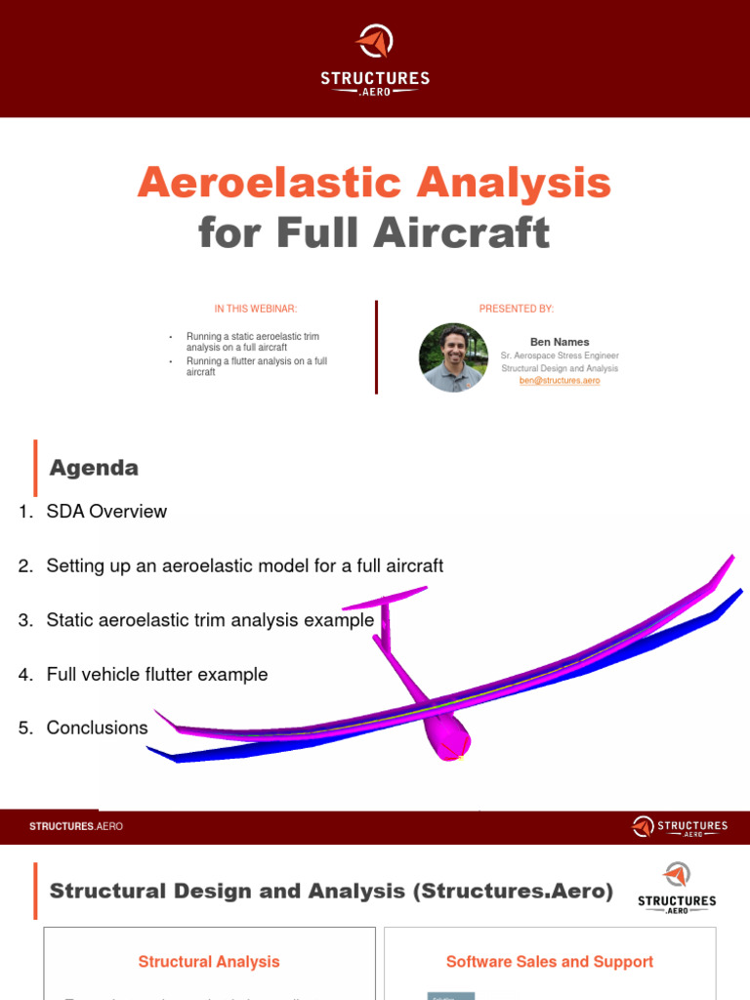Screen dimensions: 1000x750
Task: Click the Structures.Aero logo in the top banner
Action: click(x=374, y=59)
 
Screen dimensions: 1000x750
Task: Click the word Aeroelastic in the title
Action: click(x=263, y=183)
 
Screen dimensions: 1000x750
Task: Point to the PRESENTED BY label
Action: click(x=516, y=309)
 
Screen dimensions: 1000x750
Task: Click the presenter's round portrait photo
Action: click(x=453, y=357)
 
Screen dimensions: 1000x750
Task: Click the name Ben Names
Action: click(x=560, y=342)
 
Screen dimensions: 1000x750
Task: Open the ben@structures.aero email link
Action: click(x=560, y=381)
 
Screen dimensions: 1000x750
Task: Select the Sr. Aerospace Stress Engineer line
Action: click(x=560, y=355)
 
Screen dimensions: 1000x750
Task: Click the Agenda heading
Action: click(x=94, y=468)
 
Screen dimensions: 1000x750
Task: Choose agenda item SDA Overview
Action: click(x=105, y=512)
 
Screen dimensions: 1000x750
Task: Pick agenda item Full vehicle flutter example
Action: click(x=156, y=674)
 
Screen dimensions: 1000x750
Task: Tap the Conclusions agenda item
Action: click(x=97, y=728)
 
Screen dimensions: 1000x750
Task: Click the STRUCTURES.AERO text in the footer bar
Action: click(x=76, y=827)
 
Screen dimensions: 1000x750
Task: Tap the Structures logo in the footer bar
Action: click(x=680, y=827)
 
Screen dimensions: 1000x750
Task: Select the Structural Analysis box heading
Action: click(x=209, y=962)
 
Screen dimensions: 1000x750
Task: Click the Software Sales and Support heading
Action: click(x=550, y=962)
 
